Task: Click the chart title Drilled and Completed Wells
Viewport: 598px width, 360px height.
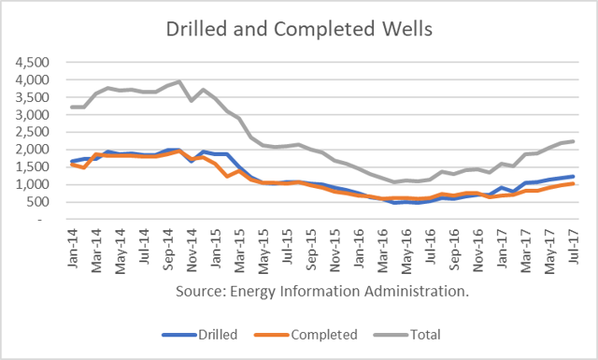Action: pos(298,28)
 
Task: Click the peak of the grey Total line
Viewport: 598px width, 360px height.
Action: pos(180,81)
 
